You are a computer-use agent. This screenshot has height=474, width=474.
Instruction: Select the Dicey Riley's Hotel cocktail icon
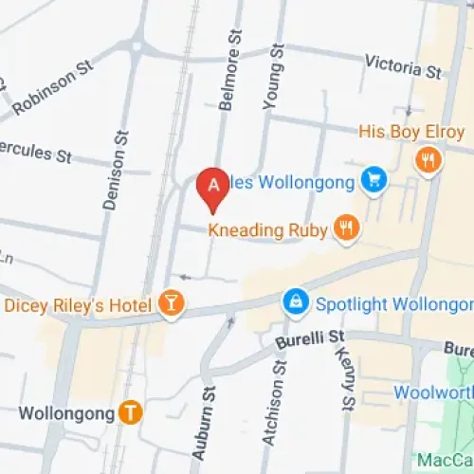172,302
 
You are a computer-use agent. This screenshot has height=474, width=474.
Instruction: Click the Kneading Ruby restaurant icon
345,228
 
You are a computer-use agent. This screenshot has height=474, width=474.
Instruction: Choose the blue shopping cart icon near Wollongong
374,180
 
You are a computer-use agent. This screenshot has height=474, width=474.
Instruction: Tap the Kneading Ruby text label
267,228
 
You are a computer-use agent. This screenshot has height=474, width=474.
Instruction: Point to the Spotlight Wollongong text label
393,304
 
